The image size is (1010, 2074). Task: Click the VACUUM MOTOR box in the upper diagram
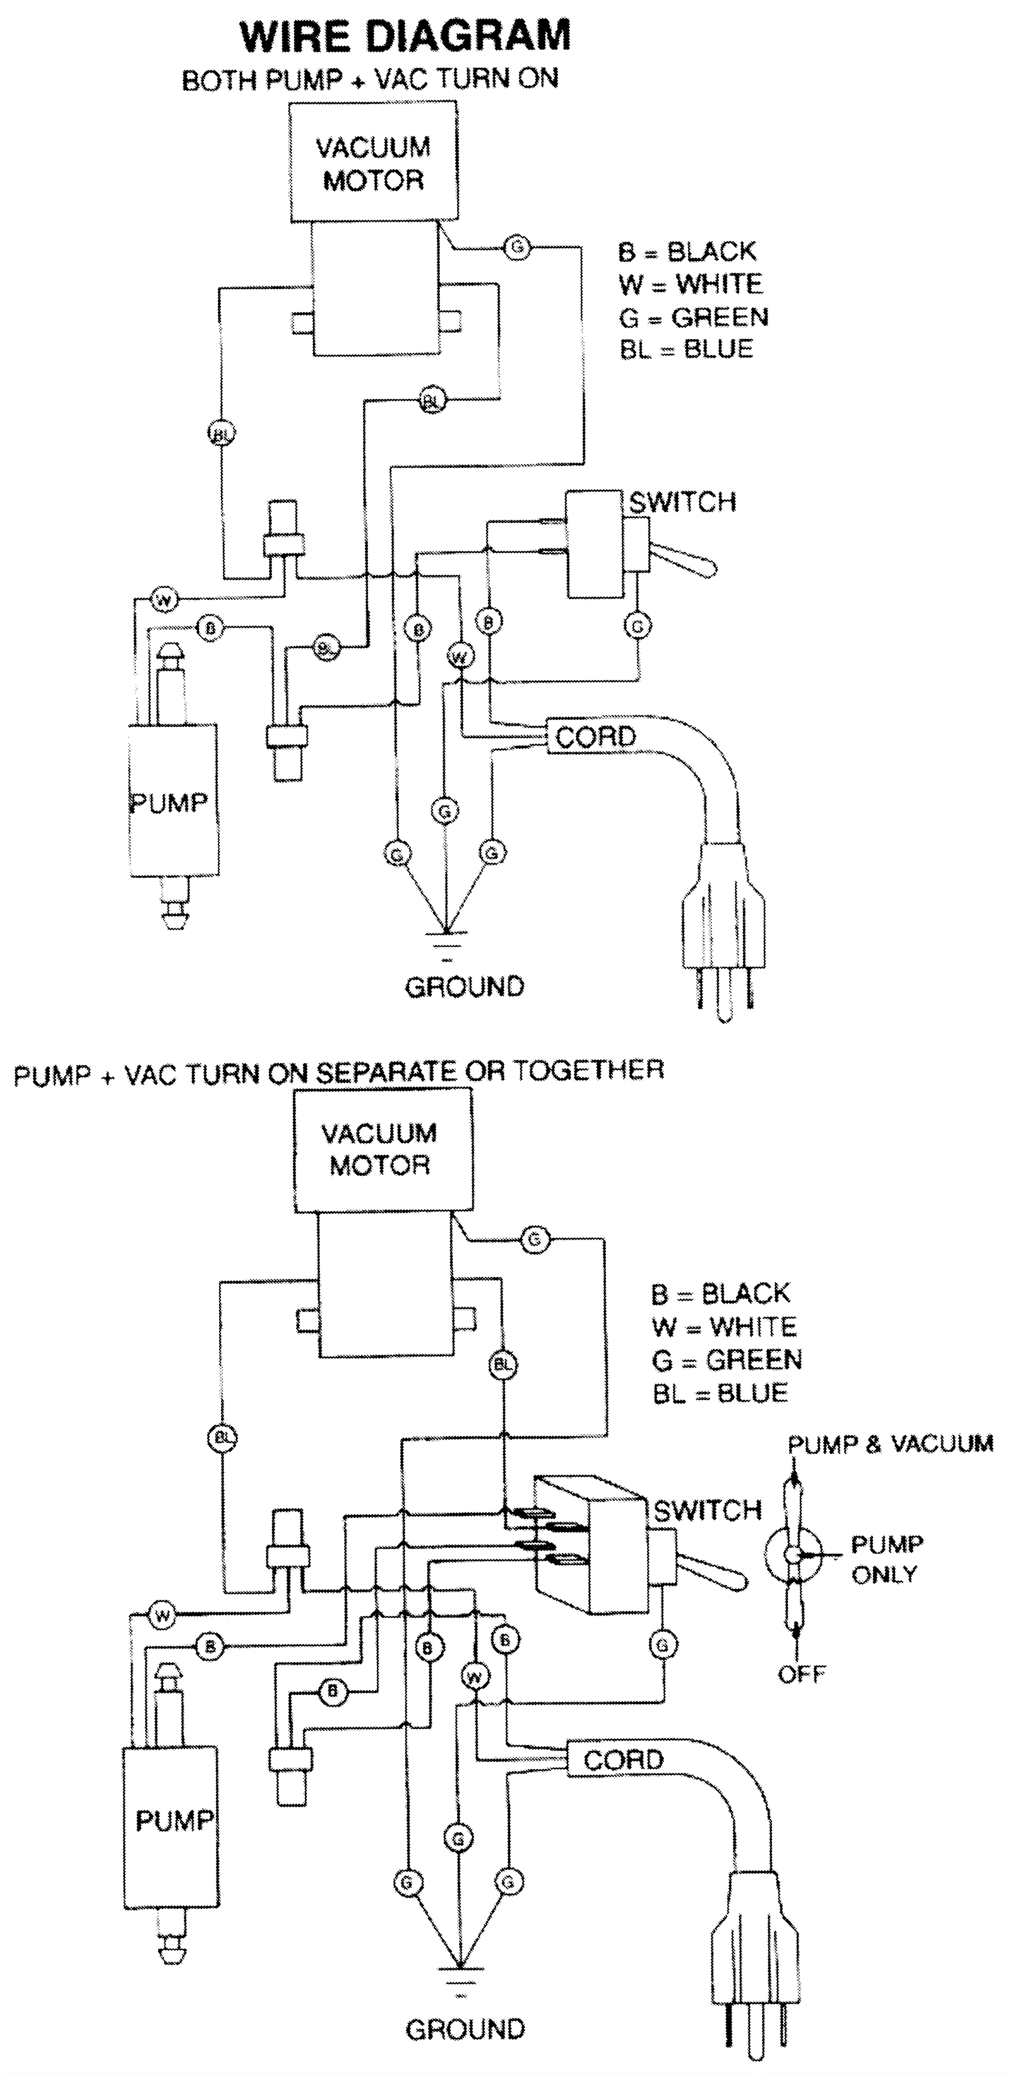tap(374, 163)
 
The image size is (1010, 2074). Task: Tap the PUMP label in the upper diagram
tap(169, 802)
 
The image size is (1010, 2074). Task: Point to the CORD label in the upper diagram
tap(595, 736)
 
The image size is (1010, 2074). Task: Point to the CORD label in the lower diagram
tap(623, 1759)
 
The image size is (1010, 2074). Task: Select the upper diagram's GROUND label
tap(465, 986)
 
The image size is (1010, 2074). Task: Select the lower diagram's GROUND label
tap(465, 2030)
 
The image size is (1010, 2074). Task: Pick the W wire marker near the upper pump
tap(164, 599)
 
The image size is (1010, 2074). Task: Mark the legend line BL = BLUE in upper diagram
tap(686, 349)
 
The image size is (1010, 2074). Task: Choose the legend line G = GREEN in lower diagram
tap(727, 1360)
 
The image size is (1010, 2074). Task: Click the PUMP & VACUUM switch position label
tap(890, 1444)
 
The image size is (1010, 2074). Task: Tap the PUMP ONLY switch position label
tap(886, 1559)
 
